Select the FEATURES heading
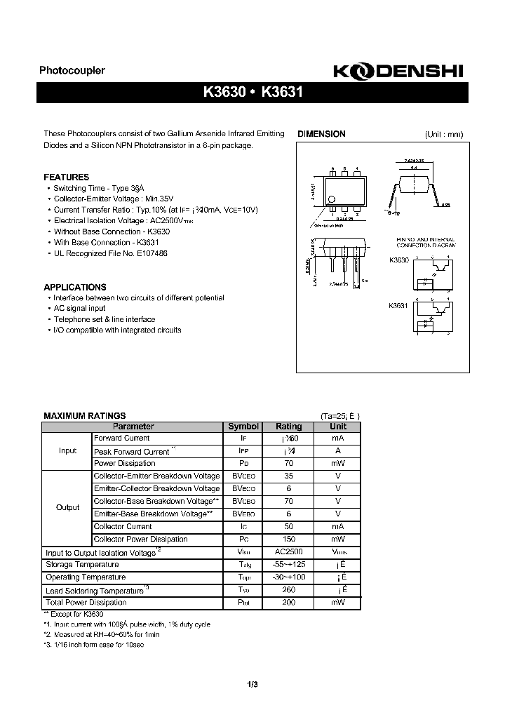coord(67,177)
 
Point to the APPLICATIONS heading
coord(75,287)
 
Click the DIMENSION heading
coord(322,134)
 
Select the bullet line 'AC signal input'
coord(79,308)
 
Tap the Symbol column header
coord(243,427)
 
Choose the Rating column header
coord(288,427)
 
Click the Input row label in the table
coord(67,450)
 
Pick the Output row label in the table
coord(67,507)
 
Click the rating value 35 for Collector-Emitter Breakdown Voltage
coord(288,476)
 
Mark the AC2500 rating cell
coord(288,552)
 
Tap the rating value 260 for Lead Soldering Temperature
coord(288,590)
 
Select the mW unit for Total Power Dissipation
coord(338,603)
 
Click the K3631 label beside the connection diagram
coord(398,306)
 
